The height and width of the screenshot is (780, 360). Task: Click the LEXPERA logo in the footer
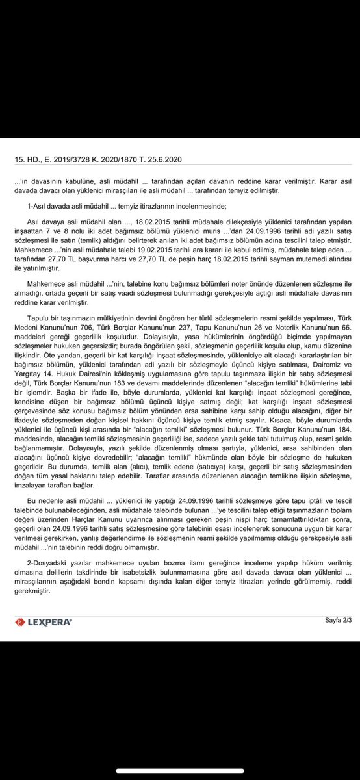pyautogui.click(x=43, y=622)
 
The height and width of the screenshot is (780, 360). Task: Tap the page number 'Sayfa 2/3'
pyautogui.click(x=339, y=620)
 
